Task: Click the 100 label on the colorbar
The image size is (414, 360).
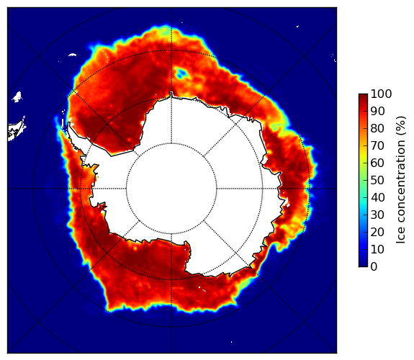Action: [381, 94]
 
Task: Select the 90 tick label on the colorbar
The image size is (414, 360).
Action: [377, 111]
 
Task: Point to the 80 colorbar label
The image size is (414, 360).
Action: [377, 128]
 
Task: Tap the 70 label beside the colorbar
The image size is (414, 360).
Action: [377, 145]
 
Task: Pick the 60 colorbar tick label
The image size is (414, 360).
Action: [377, 163]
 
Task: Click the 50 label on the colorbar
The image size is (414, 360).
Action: [377, 181]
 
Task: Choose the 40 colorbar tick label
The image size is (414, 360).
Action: [377, 197]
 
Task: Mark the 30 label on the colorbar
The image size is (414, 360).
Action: [377, 215]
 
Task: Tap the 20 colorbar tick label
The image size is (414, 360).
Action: [377, 232]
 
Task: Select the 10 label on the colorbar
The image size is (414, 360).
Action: [377, 250]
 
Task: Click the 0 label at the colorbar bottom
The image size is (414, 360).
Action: [374, 267]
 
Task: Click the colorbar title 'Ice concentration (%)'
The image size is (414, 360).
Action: [400, 180]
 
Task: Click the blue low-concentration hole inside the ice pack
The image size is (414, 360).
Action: [182, 73]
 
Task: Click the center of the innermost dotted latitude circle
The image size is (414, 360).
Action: [171, 189]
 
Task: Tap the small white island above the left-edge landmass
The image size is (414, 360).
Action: [17, 96]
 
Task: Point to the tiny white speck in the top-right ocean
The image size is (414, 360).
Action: [297, 26]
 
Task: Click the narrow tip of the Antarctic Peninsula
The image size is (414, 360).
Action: [69, 123]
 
